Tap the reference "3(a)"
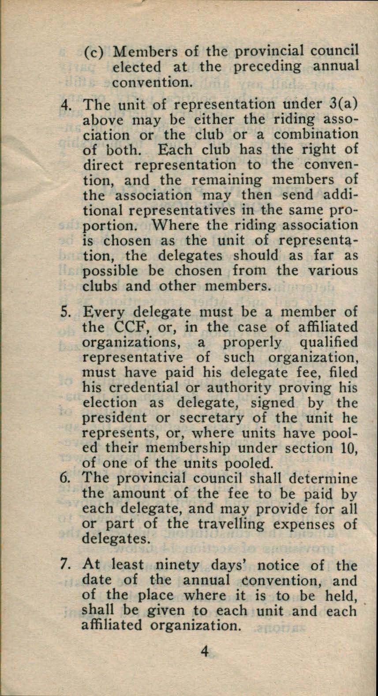click(340, 105)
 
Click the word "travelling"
click(226, 524)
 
